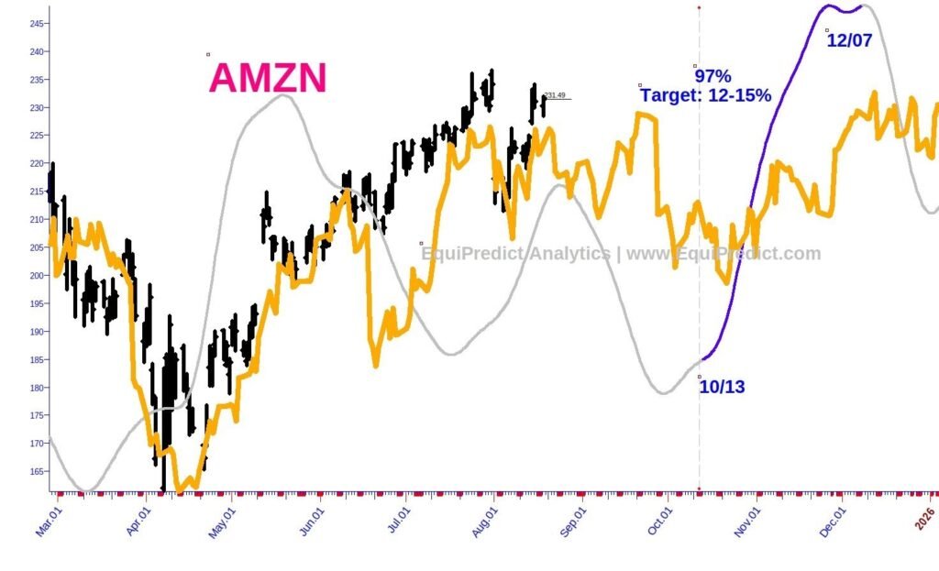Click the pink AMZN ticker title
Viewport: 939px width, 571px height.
coord(268,79)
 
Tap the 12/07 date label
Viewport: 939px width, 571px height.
coord(849,40)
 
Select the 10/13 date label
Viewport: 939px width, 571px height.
coord(722,387)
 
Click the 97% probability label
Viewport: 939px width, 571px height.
coord(713,76)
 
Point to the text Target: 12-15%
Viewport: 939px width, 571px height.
coord(705,95)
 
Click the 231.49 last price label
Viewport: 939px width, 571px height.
coord(554,95)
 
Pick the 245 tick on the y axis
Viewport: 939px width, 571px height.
coord(37,24)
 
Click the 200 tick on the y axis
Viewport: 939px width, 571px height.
coord(37,276)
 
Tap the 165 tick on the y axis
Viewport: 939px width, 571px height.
coord(37,471)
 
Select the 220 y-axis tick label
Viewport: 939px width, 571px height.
coord(37,164)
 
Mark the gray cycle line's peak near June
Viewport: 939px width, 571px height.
coord(282,94)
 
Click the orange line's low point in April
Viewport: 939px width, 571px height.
coord(180,492)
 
